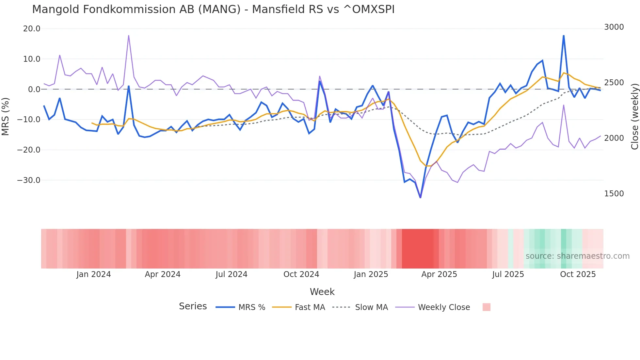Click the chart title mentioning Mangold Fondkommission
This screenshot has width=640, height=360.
213,9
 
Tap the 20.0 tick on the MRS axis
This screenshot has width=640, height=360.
32,29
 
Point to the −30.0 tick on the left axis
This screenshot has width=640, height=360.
29,180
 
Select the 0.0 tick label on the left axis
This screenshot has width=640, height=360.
34,90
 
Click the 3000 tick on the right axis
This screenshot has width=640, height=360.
614,27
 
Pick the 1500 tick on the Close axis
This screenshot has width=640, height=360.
614,194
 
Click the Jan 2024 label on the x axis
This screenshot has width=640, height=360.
94,274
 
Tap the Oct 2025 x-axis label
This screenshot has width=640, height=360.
578,274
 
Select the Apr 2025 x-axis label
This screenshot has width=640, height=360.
439,274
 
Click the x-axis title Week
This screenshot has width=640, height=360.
322,292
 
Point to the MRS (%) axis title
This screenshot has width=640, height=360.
6,117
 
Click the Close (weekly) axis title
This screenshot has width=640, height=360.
634,117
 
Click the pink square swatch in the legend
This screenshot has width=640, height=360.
486,307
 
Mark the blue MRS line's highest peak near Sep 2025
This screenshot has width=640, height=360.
564,36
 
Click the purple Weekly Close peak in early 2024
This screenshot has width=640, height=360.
129,36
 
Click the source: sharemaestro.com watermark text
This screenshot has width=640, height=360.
577,256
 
